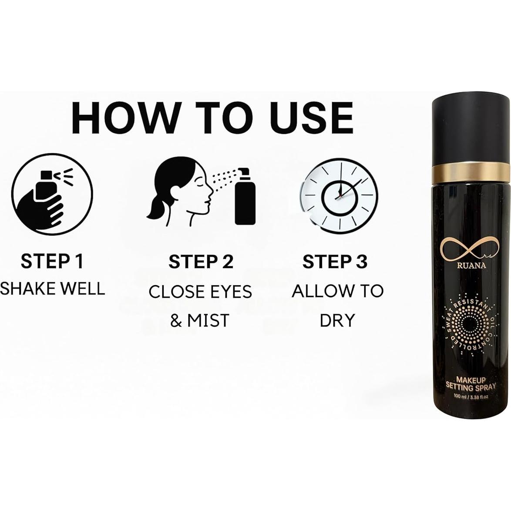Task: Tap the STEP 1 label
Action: (52, 262)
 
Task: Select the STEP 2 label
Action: (201, 262)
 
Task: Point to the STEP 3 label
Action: (335, 262)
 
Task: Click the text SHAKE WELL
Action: (52, 289)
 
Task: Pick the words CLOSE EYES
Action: (200, 292)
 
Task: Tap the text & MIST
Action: (200, 320)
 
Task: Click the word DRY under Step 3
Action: (337, 320)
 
